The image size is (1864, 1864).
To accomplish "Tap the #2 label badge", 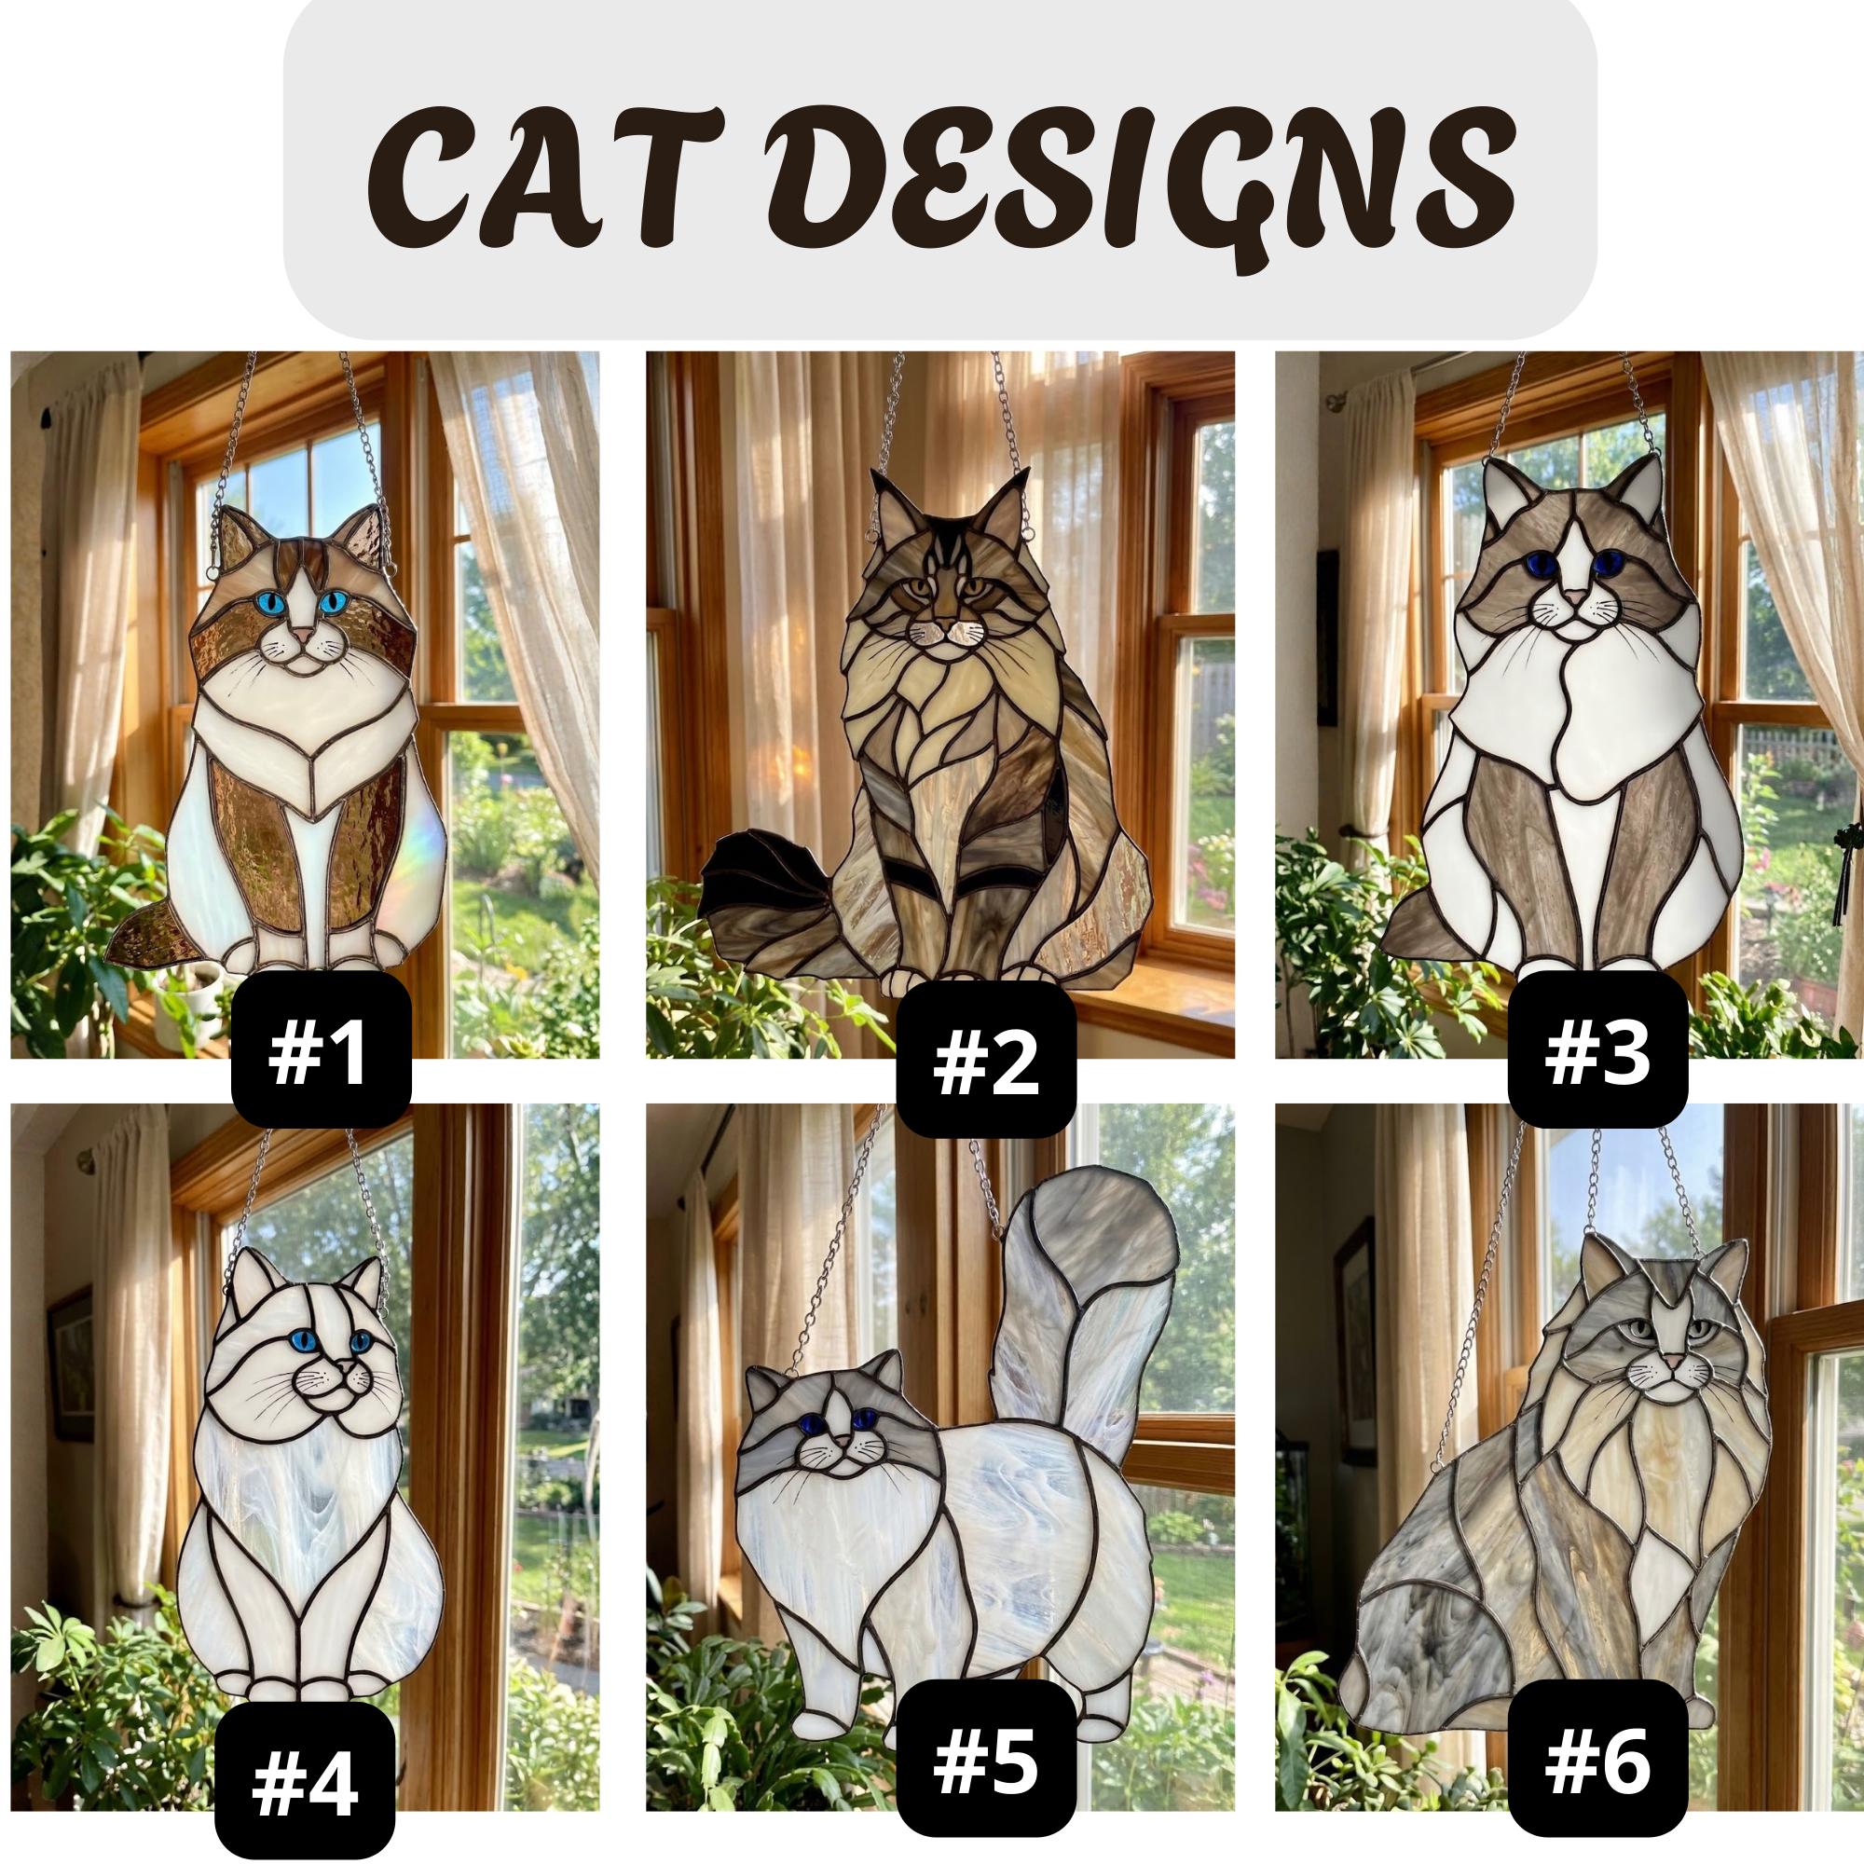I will tap(985, 1065).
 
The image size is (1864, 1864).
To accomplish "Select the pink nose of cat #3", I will tap(1573, 600).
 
